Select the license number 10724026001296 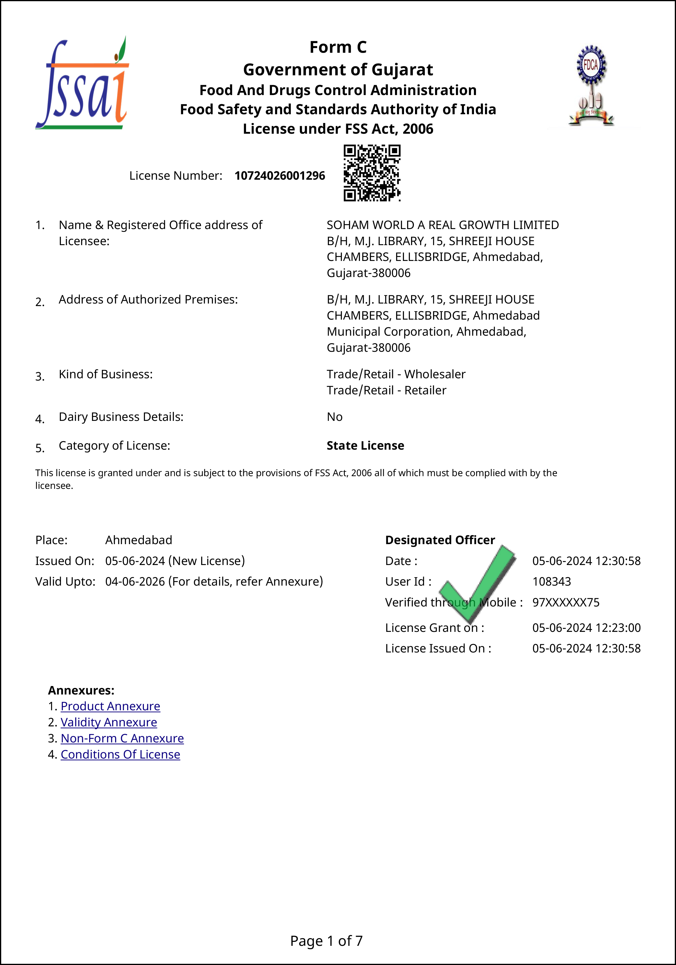tap(280, 176)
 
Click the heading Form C tap(338, 47)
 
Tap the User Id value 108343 tap(552, 582)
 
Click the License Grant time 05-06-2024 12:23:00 tap(587, 628)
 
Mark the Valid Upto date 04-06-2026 tap(135, 582)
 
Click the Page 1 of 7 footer tap(326, 941)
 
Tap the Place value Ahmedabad tap(139, 540)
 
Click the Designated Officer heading tap(440, 540)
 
